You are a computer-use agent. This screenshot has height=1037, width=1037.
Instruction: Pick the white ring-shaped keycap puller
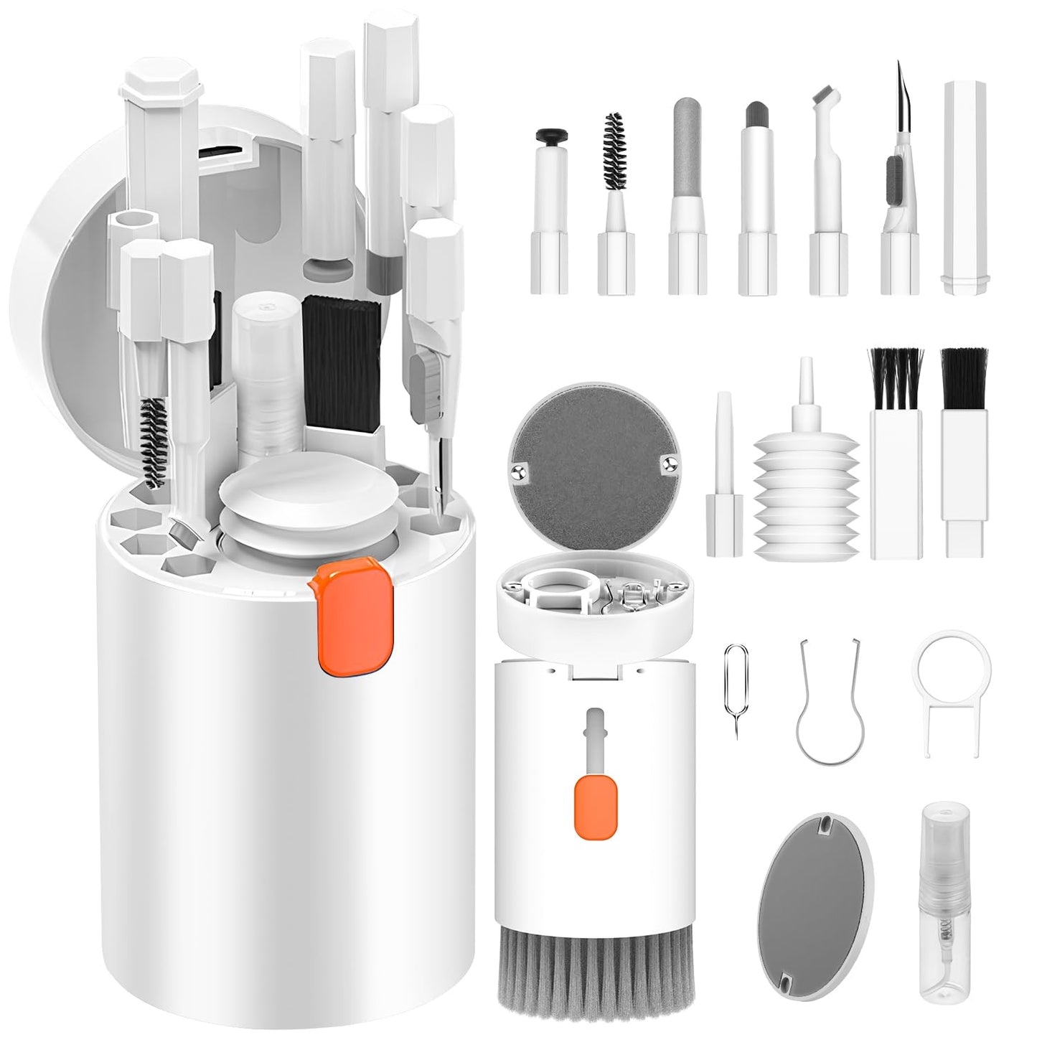(x=953, y=688)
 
